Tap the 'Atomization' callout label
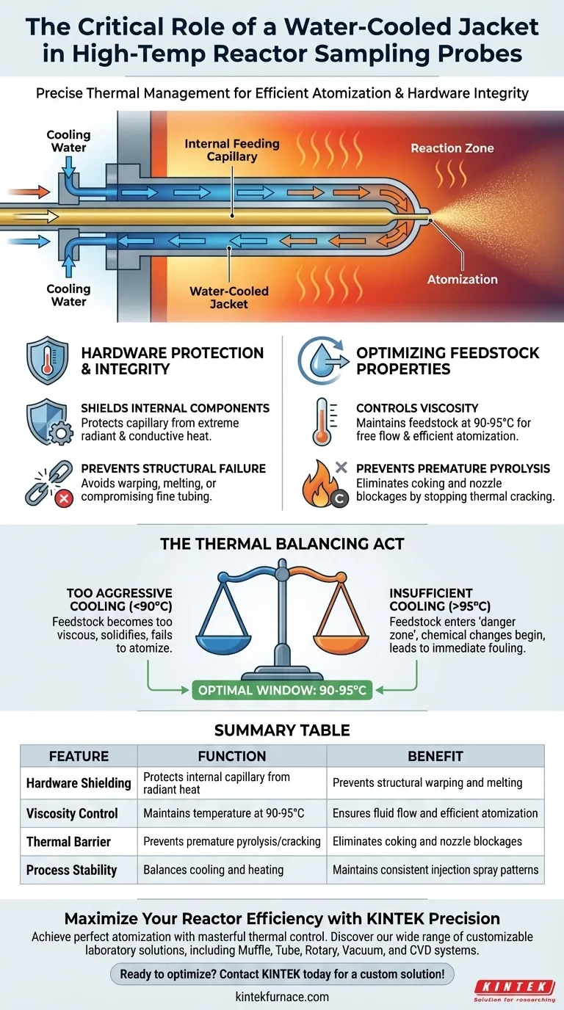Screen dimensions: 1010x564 click(463, 279)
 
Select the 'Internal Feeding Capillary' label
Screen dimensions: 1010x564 click(232, 150)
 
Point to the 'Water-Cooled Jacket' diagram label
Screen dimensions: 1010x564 click(228, 297)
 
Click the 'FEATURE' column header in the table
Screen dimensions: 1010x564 click(79, 756)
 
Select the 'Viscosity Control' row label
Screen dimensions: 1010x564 click(72, 813)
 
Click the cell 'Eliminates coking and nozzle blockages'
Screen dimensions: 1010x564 click(427, 841)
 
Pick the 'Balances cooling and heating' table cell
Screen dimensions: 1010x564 click(213, 870)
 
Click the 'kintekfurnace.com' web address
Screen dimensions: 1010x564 click(282, 997)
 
